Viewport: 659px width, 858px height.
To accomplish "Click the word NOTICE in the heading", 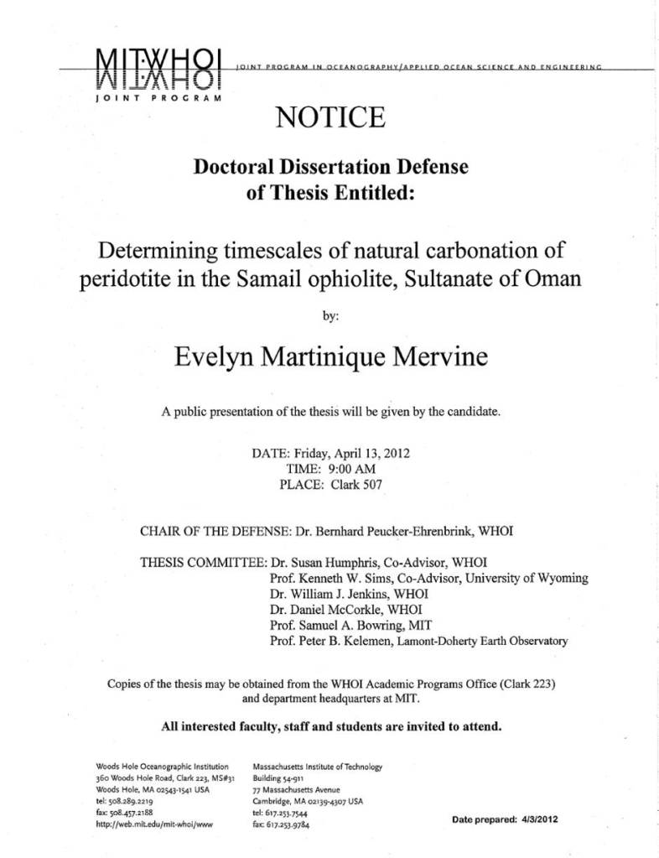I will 329,117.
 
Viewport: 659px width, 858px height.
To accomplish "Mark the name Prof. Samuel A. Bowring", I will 335,627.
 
